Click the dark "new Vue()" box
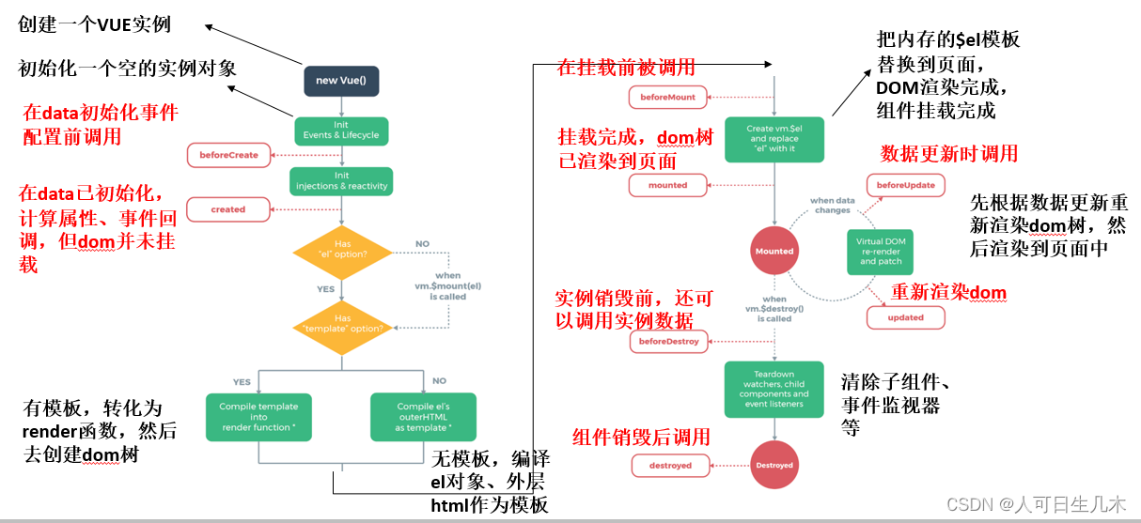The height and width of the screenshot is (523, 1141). [x=340, y=81]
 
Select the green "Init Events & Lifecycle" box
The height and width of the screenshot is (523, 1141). [x=340, y=131]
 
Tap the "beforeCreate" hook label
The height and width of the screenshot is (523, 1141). [x=228, y=155]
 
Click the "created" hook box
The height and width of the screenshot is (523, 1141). [x=227, y=209]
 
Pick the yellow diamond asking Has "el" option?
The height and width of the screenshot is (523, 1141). [x=342, y=249]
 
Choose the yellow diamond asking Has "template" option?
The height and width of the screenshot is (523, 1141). [x=342, y=324]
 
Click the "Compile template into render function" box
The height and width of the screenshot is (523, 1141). [x=258, y=418]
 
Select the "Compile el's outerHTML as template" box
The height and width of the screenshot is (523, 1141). [x=423, y=418]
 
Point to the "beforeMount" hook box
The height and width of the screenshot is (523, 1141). [x=667, y=97]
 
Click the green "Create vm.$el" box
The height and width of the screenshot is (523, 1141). [x=773, y=138]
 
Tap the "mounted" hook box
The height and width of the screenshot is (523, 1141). [x=667, y=185]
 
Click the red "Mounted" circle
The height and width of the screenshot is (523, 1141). [x=774, y=251]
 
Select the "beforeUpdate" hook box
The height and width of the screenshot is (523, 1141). [x=905, y=185]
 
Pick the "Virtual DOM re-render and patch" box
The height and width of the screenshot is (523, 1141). [x=881, y=251]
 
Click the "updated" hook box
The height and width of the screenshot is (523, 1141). [x=905, y=317]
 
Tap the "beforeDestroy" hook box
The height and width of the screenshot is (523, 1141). [x=668, y=342]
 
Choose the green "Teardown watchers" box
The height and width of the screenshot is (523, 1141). [x=774, y=389]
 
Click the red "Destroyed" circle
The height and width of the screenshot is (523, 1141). [x=774, y=465]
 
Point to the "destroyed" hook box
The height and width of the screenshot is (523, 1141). [x=670, y=465]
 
